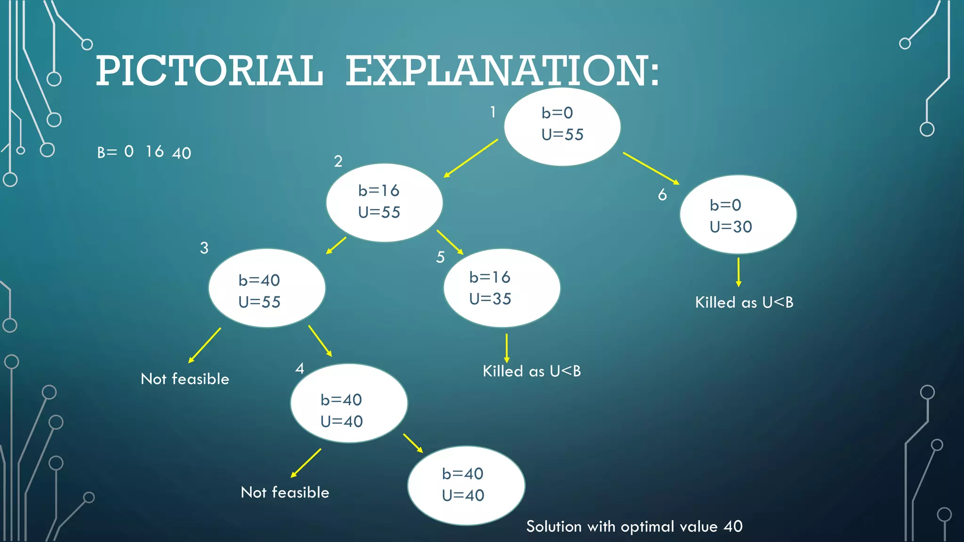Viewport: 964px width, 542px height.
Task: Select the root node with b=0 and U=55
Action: (x=562, y=126)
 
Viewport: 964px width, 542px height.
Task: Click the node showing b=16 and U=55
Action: (x=384, y=202)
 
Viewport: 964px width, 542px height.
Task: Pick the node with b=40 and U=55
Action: (x=266, y=288)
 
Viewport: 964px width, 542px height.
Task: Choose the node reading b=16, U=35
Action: (x=502, y=288)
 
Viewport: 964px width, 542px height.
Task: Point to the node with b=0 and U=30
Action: (x=738, y=215)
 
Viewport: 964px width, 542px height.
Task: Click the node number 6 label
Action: (x=662, y=195)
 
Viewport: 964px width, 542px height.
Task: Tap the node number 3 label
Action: (x=204, y=248)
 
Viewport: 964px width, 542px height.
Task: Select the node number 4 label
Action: (x=299, y=368)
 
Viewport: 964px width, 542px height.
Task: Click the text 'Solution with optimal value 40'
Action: (x=634, y=526)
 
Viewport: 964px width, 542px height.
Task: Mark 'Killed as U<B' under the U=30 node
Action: (x=744, y=303)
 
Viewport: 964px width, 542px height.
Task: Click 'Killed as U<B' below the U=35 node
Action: (x=531, y=371)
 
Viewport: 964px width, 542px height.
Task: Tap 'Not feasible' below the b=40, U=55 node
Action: (x=185, y=379)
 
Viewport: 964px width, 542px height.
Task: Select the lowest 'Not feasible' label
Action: (x=285, y=493)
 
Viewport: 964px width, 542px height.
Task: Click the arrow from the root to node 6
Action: (x=651, y=168)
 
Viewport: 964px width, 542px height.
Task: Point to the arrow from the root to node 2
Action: (x=470, y=158)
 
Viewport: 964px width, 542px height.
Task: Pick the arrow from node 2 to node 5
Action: (x=450, y=242)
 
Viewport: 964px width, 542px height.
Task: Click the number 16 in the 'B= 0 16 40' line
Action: (x=154, y=151)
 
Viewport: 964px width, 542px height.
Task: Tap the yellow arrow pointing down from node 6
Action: (x=738, y=272)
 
